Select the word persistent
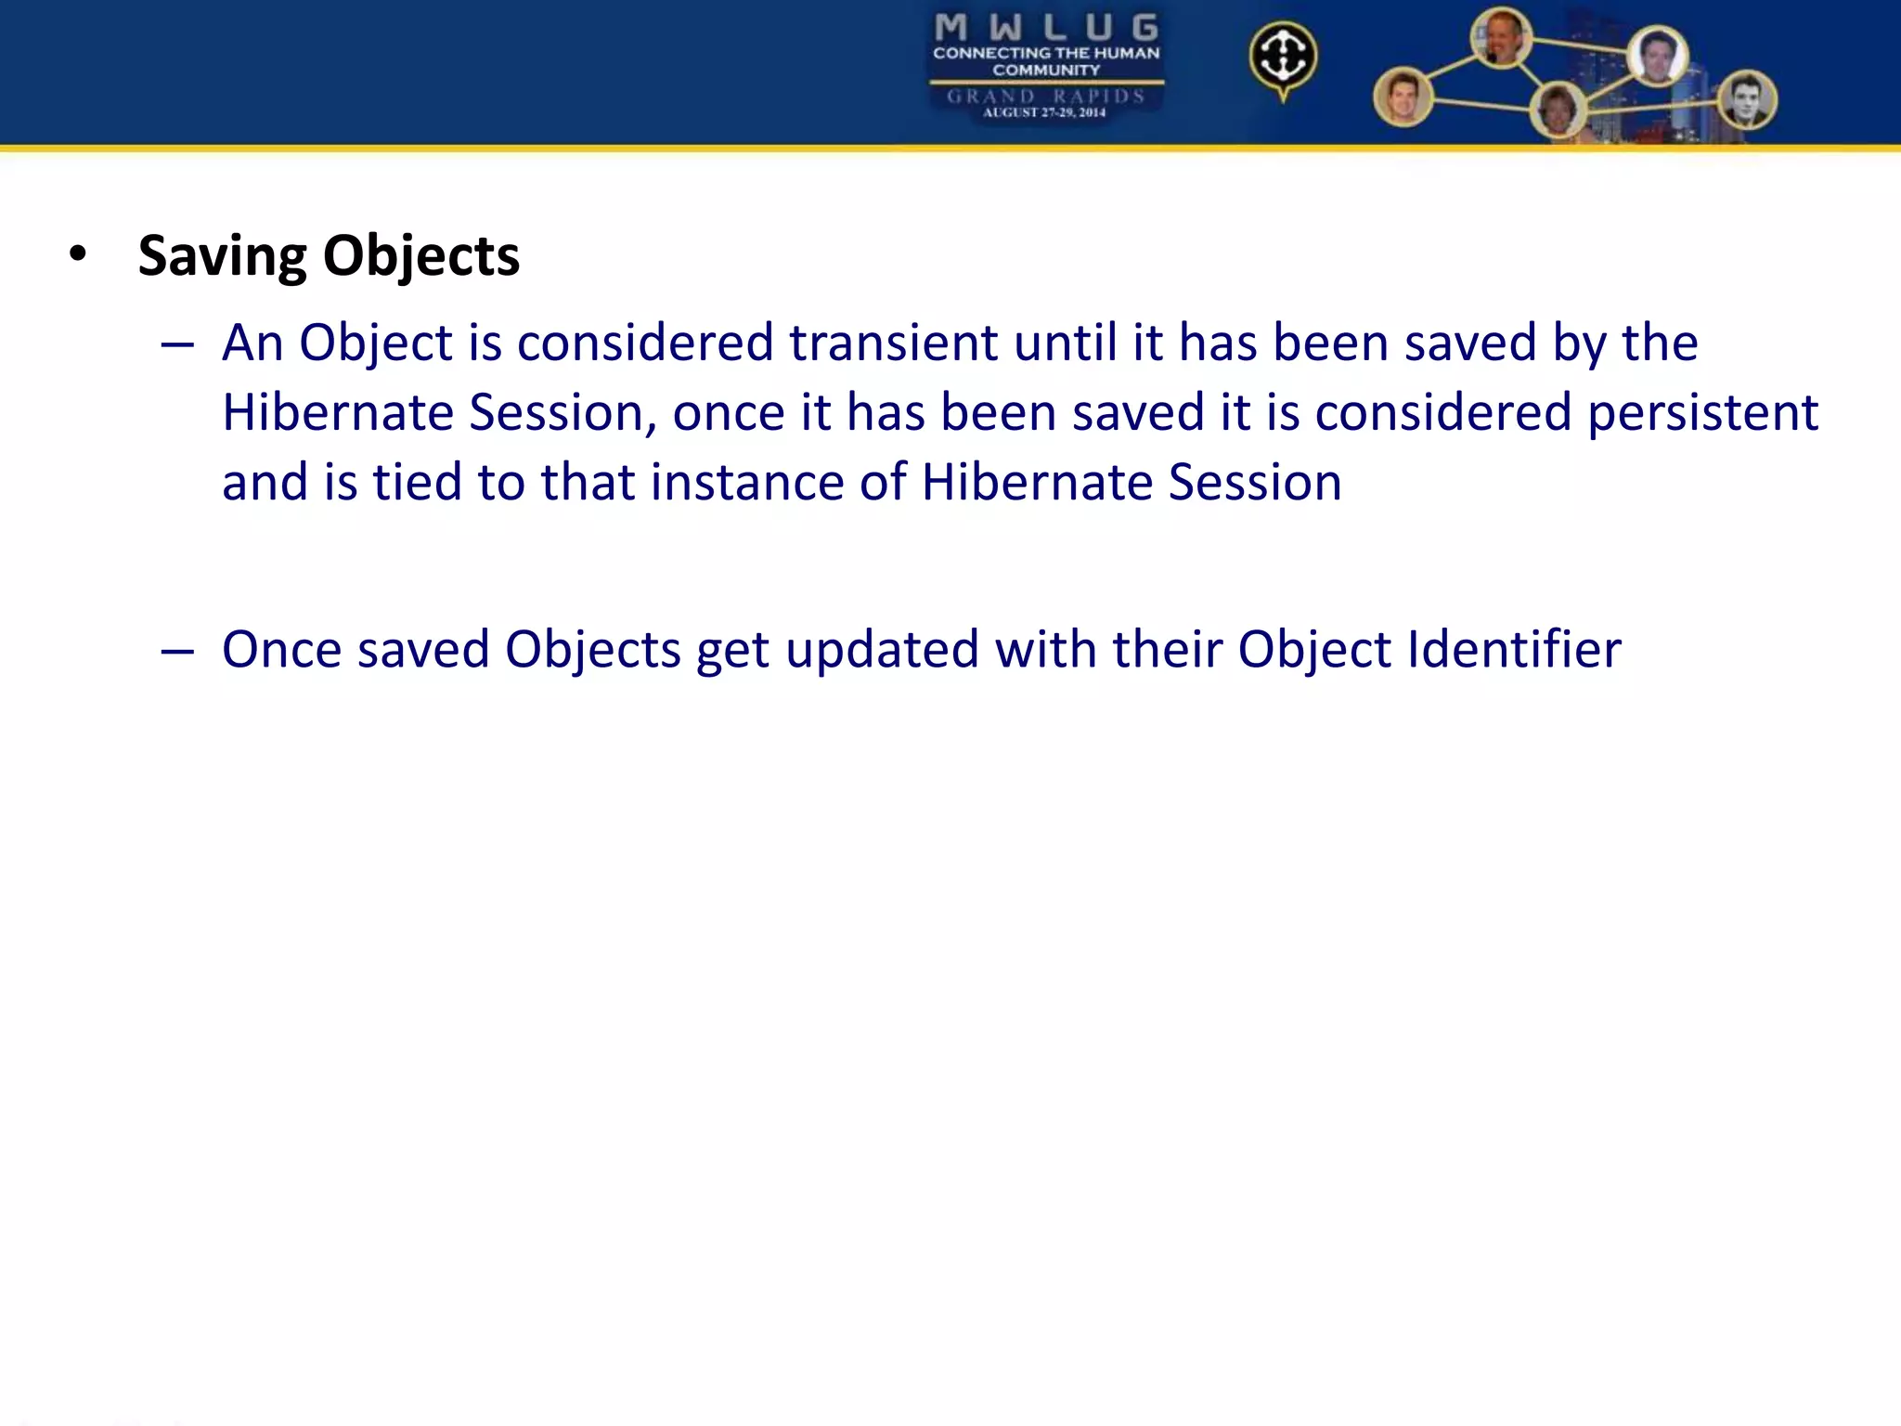1702,412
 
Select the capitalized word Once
281,649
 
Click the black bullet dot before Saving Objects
78,254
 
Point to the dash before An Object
176,345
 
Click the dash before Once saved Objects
176,652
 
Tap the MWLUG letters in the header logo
1046,28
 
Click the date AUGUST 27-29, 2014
1044,112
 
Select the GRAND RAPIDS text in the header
1045,96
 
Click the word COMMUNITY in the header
1046,70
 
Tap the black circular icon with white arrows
1282,57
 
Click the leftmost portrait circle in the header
1403,97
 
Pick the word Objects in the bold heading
421,256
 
